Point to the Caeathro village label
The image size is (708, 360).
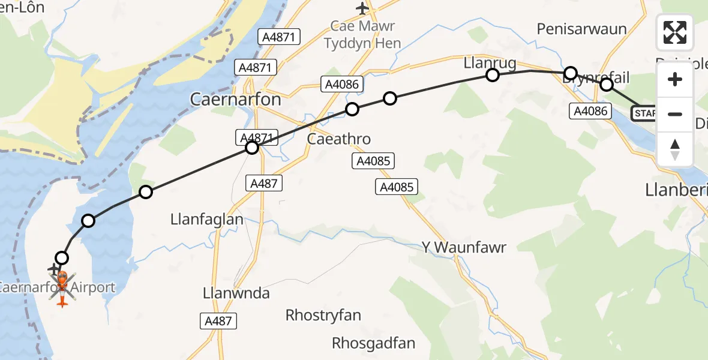coord(338,139)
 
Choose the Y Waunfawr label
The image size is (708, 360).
coord(464,247)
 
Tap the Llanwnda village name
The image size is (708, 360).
coord(236,293)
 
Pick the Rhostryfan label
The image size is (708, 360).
coord(323,315)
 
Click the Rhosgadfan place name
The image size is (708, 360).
coord(374,343)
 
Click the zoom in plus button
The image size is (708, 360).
coord(675,79)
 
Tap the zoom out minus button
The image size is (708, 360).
coord(675,114)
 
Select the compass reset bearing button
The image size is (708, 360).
coord(675,148)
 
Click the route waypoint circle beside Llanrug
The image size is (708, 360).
coord(493,75)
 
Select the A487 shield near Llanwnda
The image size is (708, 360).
coord(217,321)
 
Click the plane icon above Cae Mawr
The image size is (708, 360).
coord(362,8)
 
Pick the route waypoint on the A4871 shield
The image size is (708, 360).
coord(252,147)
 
